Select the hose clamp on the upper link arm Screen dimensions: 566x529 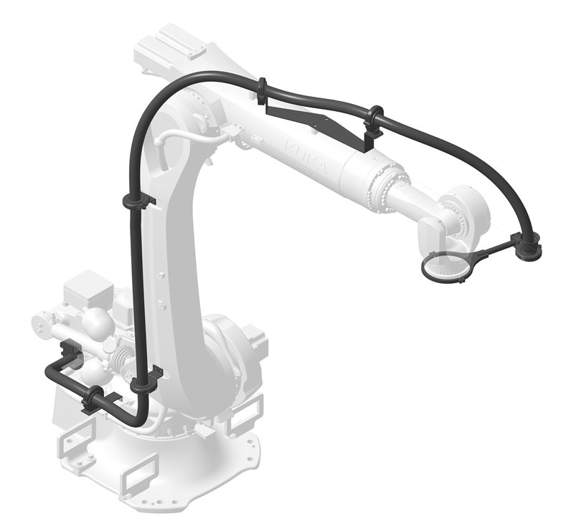(136, 201)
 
